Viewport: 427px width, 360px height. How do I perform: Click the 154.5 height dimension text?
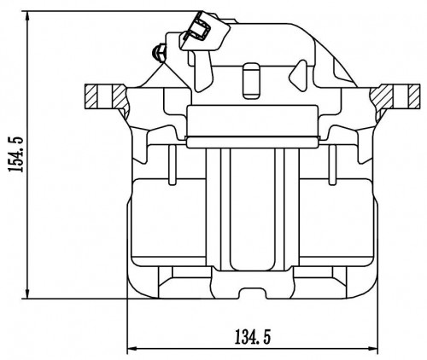(x=16, y=154)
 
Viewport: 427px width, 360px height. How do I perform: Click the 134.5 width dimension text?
(x=253, y=337)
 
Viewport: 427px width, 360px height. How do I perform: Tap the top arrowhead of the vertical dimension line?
(x=27, y=16)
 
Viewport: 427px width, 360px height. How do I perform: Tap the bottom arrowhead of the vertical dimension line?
(x=27, y=293)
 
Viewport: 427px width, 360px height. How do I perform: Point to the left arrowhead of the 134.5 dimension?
(x=132, y=348)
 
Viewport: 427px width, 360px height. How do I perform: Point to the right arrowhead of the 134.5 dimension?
(x=373, y=348)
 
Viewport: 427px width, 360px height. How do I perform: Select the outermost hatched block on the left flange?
(x=91, y=96)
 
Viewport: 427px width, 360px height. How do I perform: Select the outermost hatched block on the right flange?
(x=413, y=96)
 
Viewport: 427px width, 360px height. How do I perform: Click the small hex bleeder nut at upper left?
(x=159, y=53)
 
